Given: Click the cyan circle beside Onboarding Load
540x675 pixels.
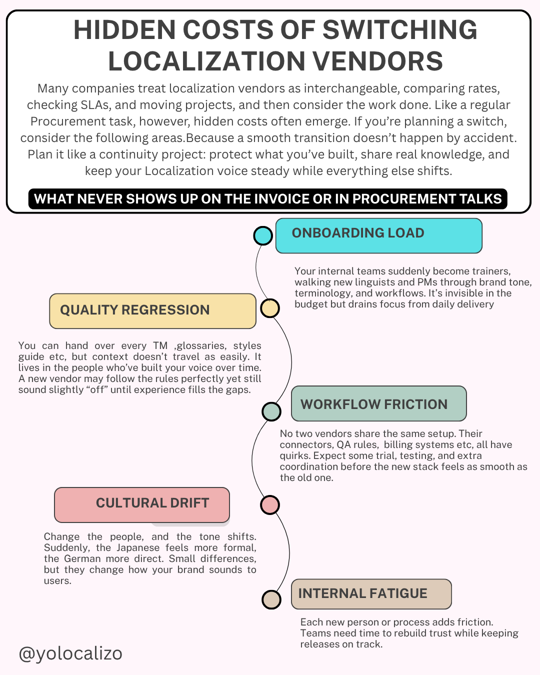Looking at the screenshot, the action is point(263,235).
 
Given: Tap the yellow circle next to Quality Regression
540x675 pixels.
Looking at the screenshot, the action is point(270,308).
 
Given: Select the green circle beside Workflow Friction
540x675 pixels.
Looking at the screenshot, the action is point(271,411).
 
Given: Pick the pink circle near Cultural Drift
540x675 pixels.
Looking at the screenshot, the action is point(270,505).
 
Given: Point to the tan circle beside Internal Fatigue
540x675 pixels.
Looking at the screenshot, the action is point(271,599).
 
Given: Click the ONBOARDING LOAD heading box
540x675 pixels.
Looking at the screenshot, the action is point(378,235).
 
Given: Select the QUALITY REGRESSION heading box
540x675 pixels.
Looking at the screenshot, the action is point(152,311).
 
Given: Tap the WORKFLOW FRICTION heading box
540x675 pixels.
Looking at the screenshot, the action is point(378,404).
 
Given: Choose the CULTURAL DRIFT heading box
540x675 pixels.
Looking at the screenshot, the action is point(142,504).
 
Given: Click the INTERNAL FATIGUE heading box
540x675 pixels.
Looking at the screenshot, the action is point(371,594).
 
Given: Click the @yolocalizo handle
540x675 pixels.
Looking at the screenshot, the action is point(70,653).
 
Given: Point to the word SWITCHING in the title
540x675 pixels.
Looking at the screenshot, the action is point(400,30).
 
